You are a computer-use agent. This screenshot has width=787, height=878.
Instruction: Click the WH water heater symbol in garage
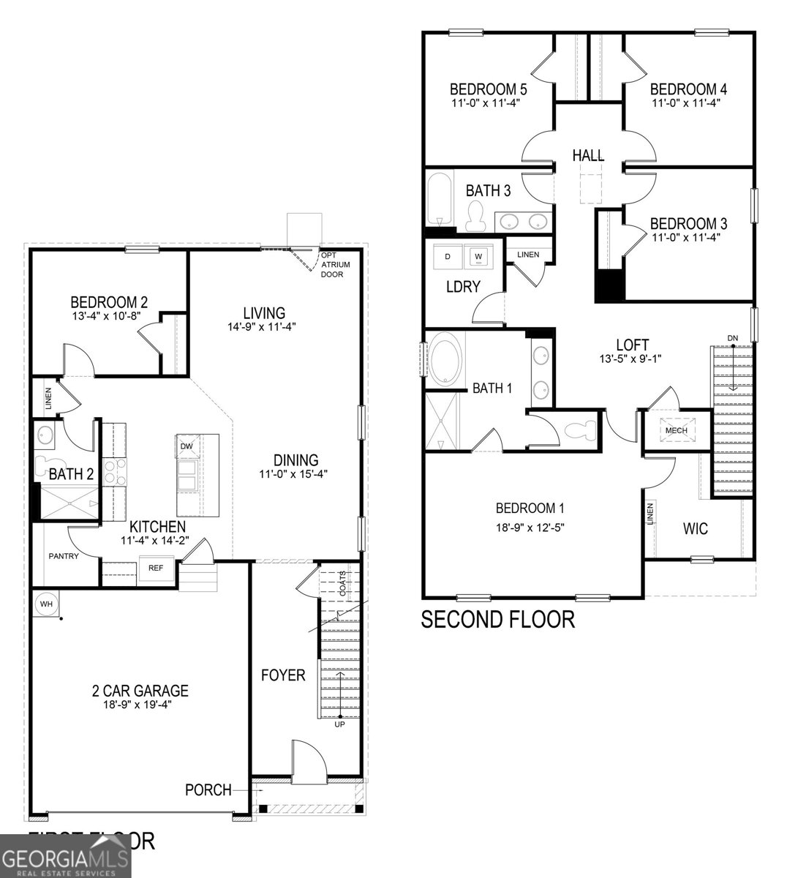point(47,604)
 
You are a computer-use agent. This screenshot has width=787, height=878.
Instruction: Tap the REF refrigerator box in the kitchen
point(155,568)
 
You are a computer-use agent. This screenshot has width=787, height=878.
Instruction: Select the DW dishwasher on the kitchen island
point(187,446)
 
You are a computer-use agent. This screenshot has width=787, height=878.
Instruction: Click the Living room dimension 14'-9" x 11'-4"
point(261,327)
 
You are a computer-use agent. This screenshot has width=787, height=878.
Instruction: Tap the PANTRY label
point(64,556)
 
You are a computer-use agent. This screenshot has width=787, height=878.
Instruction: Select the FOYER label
point(283,675)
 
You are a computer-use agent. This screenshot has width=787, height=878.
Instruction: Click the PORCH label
point(208,790)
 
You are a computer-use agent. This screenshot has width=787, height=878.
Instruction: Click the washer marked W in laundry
point(478,256)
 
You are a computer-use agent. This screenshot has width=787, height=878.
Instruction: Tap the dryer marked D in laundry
point(448,256)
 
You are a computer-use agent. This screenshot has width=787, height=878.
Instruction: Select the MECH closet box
point(676,430)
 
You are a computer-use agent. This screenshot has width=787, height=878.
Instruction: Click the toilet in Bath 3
point(476,214)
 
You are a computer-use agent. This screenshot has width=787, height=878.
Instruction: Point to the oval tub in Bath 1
point(445,359)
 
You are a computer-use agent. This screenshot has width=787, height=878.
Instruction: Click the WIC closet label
point(695,528)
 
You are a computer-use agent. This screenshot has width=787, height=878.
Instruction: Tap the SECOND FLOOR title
point(497,620)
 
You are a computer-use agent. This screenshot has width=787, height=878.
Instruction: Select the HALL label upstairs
point(588,155)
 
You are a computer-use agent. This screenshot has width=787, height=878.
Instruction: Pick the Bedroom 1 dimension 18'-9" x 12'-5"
point(530,526)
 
